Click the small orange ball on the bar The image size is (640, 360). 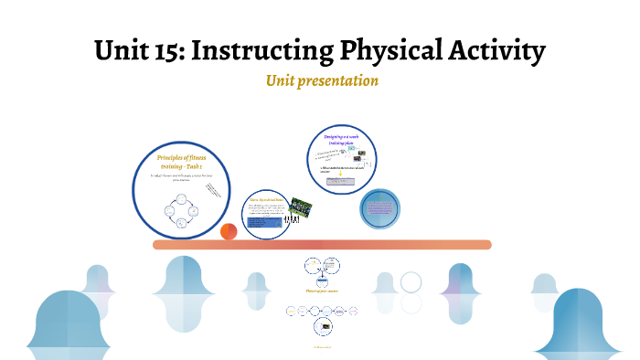tap(229, 232)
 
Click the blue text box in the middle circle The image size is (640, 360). tap(266, 222)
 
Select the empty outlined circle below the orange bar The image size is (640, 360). tap(411, 282)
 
